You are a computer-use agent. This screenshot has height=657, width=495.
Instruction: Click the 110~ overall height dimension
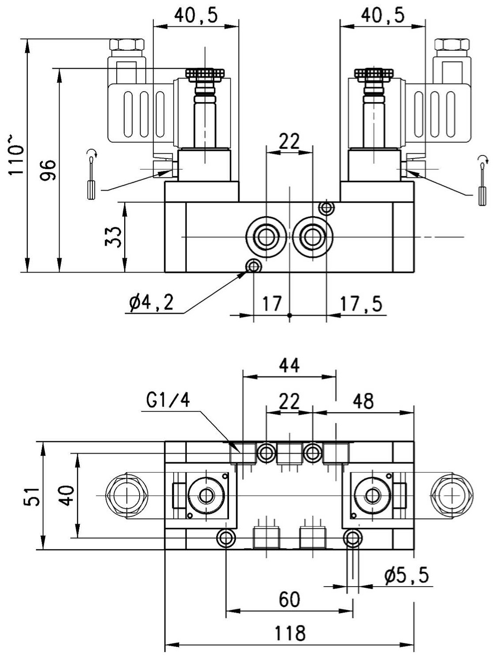click(x=15, y=156)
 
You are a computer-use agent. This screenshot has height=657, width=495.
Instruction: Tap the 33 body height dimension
click(x=114, y=236)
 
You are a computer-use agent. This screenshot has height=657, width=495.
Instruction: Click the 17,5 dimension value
click(x=361, y=304)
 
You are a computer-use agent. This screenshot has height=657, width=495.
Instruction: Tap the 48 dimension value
click(x=363, y=401)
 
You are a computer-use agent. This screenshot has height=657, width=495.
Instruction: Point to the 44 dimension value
click(x=289, y=365)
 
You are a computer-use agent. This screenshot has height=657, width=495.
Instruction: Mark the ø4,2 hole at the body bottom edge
click(x=254, y=266)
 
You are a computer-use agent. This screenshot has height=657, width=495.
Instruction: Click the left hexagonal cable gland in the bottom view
click(x=126, y=496)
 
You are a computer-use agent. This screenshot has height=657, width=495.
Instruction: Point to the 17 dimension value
click(x=272, y=304)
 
